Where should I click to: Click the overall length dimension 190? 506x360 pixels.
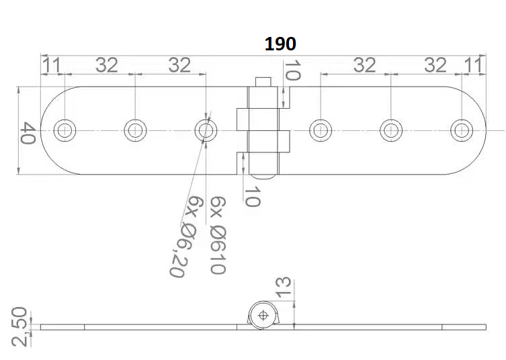[x=280, y=44]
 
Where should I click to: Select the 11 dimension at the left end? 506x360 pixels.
[x=52, y=65]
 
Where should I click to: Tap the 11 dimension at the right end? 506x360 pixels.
[x=473, y=65]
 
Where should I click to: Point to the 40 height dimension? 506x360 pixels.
[x=28, y=132]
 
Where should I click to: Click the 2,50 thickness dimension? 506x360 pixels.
[x=20, y=326]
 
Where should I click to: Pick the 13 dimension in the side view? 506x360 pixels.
[x=284, y=287]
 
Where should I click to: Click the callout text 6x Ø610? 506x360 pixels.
[x=216, y=235]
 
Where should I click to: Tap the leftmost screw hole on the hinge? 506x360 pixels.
[x=65, y=130]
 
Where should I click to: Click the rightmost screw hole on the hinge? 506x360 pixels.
[x=462, y=130]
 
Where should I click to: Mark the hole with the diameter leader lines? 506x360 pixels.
[x=206, y=130]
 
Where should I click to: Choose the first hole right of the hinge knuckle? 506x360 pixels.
[x=321, y=130]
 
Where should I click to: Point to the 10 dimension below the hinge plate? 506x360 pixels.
[x=252, y=197]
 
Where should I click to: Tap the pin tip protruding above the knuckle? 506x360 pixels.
[x=263, y=82]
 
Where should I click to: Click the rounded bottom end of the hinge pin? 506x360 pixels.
[x=263, y=175]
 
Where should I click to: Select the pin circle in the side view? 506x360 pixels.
[x=263, y=315]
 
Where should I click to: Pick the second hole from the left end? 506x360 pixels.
[x=136, y=130]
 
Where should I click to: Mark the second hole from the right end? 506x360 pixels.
[x=391, y=130]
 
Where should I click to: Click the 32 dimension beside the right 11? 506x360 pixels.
[x=436, y=65]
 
